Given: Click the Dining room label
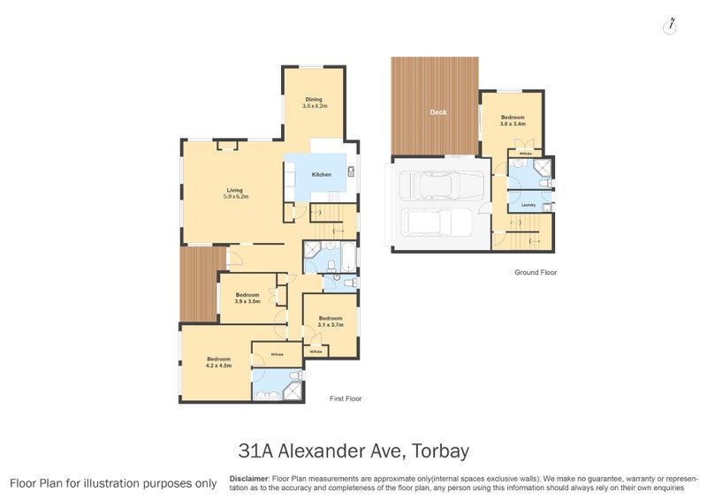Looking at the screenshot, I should [x=314, y=99].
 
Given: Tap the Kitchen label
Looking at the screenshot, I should [x=322, y=175].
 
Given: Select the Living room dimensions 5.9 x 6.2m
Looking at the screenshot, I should [x=234, y=196].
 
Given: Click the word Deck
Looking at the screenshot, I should [x=437, y=112].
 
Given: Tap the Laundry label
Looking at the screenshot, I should [x=528, y=205].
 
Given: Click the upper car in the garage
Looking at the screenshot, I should [x=442, y=186].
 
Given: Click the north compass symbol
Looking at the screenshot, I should [x=671, y=26].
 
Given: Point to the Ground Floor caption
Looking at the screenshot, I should [x=536, y=273].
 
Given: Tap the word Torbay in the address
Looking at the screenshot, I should [x=437, y=451].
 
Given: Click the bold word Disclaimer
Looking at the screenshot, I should [x=248, y=478].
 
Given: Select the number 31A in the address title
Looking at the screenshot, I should [x=256, y=451].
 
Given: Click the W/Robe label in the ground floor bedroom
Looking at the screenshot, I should [x=525, y=155].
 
